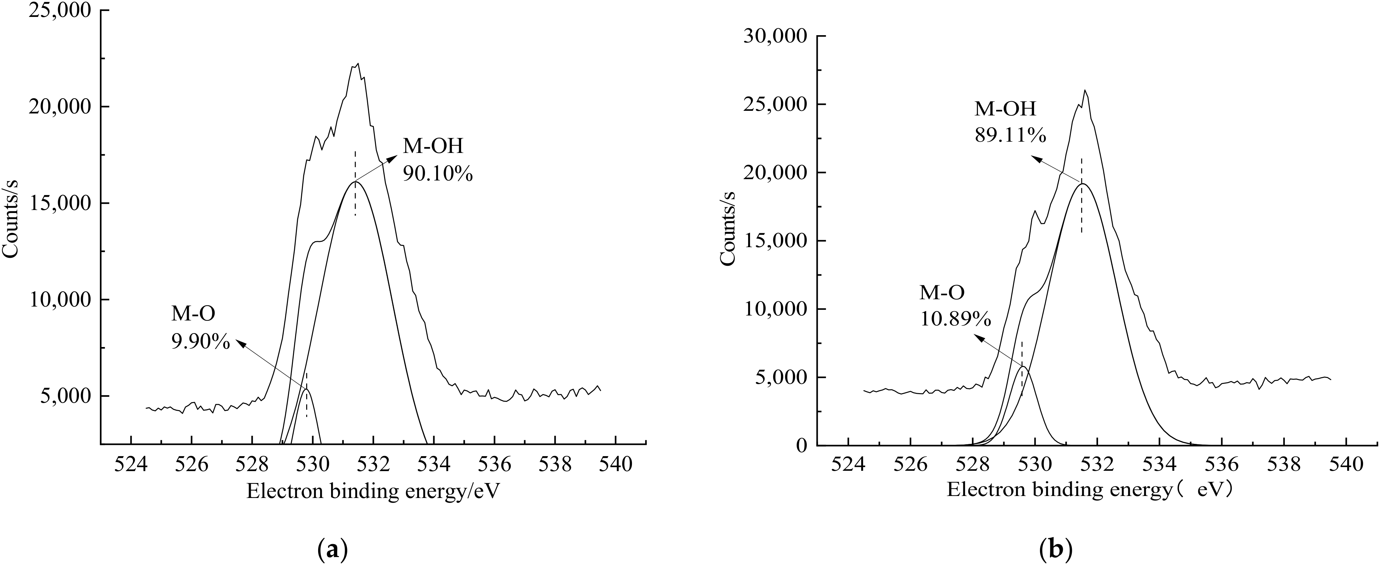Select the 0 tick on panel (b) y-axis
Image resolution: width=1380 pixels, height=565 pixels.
[801, 445]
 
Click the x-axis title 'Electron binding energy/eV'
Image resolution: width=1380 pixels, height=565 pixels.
[374, 491]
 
